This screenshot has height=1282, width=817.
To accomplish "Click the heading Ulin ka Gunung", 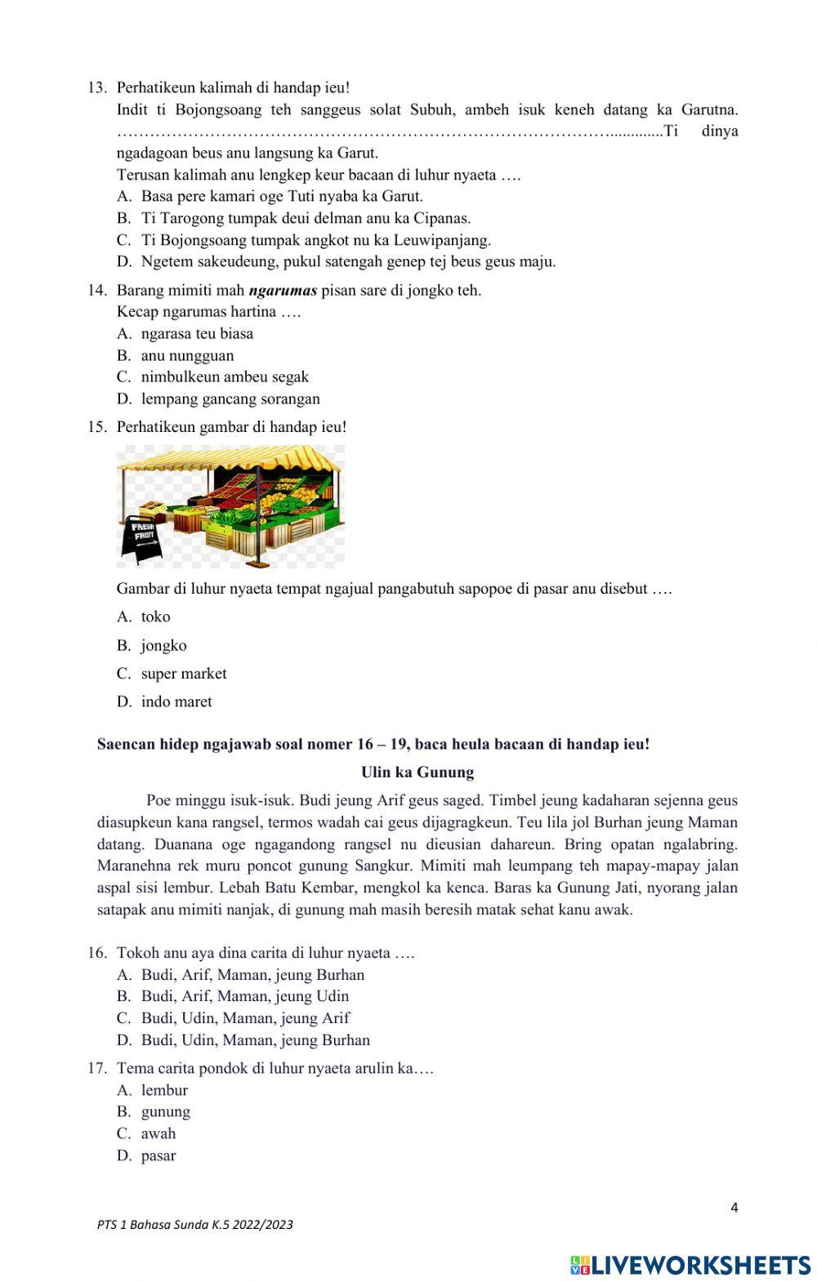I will tap(417, 772).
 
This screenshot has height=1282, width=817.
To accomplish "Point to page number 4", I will tap(734, 1208).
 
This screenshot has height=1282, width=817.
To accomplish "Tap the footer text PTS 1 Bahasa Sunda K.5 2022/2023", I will tap(194, 1224).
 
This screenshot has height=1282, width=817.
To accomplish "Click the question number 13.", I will tap(97, 87).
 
